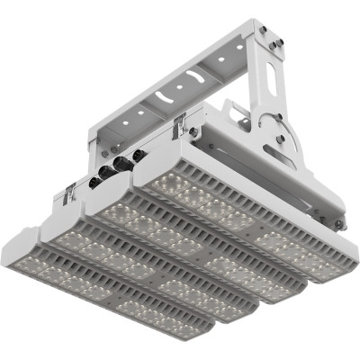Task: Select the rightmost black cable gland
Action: (139, 154)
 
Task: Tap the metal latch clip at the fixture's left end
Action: (68, 192)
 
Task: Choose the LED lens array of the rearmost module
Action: (243, 216)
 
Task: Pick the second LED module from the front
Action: (153, 270)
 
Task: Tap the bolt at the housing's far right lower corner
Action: (338, 224)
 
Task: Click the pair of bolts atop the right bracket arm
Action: (271, 36)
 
